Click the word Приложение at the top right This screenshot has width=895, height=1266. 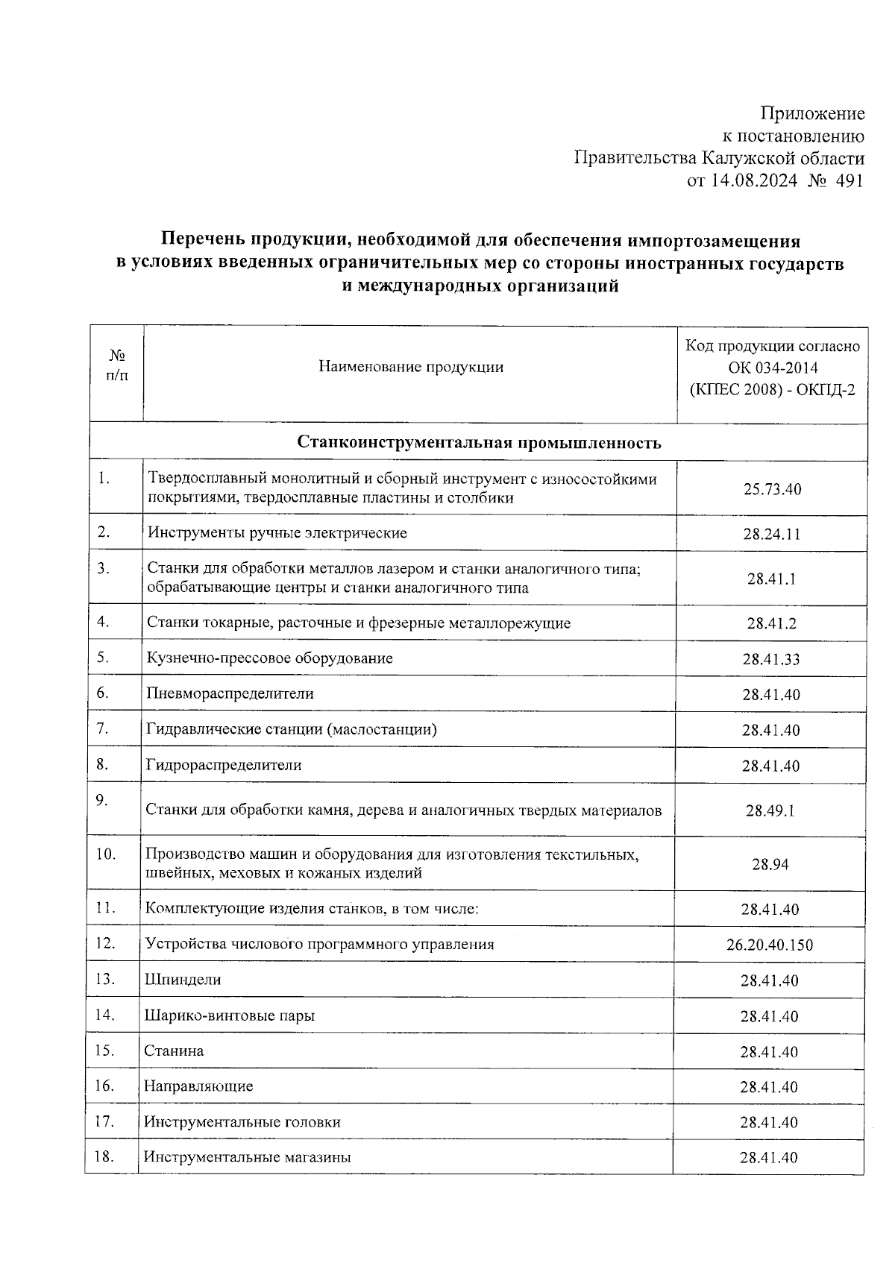pyautogui.click(x=812, y=114)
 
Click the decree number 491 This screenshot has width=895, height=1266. pyautogui.click(x=849, y=181)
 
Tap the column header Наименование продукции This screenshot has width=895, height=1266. pyautogui.click(x=410, y=367)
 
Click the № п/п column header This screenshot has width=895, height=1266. pyautogui.click(x=116, y=366)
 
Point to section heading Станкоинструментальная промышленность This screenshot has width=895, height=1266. pyautogui.click(x=479, y=443)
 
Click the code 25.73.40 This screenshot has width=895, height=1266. pyautogui.click(x=772, y=490)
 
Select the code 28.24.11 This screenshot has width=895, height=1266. pyautogui.click(x=772, y=535)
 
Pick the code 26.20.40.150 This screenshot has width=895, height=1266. pyautogui.click(x=770, y=945)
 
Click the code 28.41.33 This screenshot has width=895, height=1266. pyautogui.click(x=771, y=660)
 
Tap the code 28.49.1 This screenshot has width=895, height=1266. pyautogui.click(x=770, y=811)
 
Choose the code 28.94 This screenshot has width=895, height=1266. pyautogui.click(x=770, y=865)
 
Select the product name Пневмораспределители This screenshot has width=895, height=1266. pyautogui.click(x=230, y=694)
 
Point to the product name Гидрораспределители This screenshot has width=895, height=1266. pyautogui.click(x=224, y=766)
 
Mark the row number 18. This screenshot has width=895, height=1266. pyautogui.click(x=104, y=1157)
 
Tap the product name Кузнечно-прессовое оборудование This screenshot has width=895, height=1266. pyautogui.click(x=269, y=658)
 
